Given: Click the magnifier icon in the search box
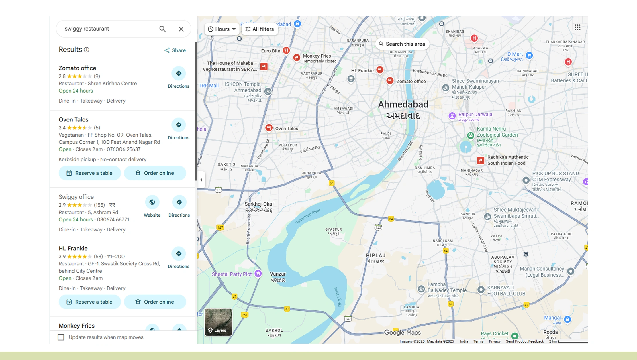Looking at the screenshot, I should pyautogui.click(x=162, y=29).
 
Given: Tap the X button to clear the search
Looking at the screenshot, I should pyautogui.click(x=181, y=29).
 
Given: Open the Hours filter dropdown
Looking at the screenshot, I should pyautogui.click(x=222, y=29).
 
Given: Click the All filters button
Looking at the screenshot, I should pyautogui.click(x=260, y=29).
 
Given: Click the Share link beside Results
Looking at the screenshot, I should pyautogui.click(x=175, y=50).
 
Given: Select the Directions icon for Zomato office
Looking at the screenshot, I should pyautogui.click(x=179, y=74).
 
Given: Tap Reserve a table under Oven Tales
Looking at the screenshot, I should pyautogui.click(x=90, y=173).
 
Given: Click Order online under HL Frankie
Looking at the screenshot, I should pyautogui.click(x=155, y=302).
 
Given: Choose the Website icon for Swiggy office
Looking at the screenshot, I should pyautogui.click(x=152, y=202).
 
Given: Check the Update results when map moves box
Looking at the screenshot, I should pyautogui.click(x=61, y=337).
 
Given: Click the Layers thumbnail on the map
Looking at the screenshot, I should pyautogui.click(x=218, y=322).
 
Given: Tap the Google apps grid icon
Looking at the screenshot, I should pyautogui.click(x=577, y=27).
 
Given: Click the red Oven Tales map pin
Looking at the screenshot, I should pyautogui.click(x=269, y=128).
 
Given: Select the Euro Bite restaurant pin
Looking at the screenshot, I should pyautogui.click(x=286, y=50).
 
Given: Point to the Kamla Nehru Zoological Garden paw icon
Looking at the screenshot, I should pyautogui.click(x=471, y=135).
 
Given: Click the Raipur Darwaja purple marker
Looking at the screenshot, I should pyautogui.click(x=452, y=116).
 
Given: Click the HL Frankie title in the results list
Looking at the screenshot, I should pyautogui.click(x=73, y=248).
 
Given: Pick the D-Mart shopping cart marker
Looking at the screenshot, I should pyautogui.click(x=529, y=55).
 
